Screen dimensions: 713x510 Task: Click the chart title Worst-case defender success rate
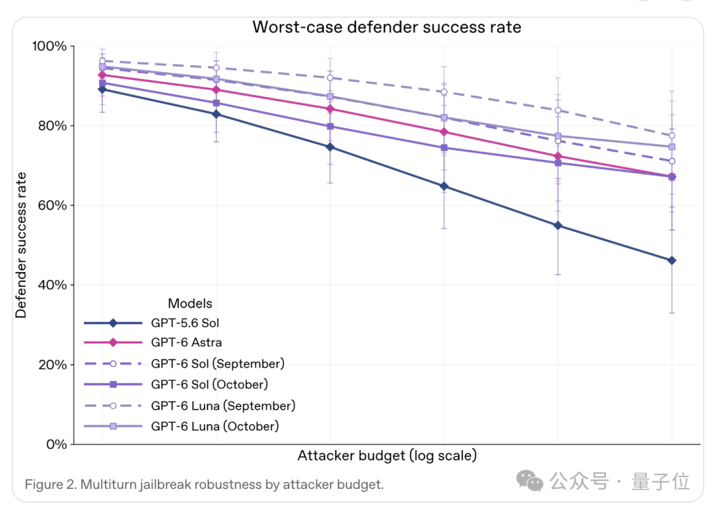(386, 27)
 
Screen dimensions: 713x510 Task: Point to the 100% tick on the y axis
(49, 46)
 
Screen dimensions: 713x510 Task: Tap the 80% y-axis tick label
(52, 126)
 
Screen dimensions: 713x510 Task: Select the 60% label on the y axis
(52, 205)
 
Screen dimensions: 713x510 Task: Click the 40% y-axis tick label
(52, 285)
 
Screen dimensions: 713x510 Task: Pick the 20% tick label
(52, 365)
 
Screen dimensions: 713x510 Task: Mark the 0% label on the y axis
(56, 445)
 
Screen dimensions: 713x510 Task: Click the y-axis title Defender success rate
(21, 245)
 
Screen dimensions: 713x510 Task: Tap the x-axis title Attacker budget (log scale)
(387, 455)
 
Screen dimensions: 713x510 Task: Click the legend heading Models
(190, 303)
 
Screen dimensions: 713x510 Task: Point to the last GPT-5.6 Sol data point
(671, 261)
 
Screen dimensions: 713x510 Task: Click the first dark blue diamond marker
(102, 90)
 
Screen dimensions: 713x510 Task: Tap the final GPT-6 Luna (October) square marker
(671, 147)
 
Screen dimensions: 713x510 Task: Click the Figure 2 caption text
(204, 484)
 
